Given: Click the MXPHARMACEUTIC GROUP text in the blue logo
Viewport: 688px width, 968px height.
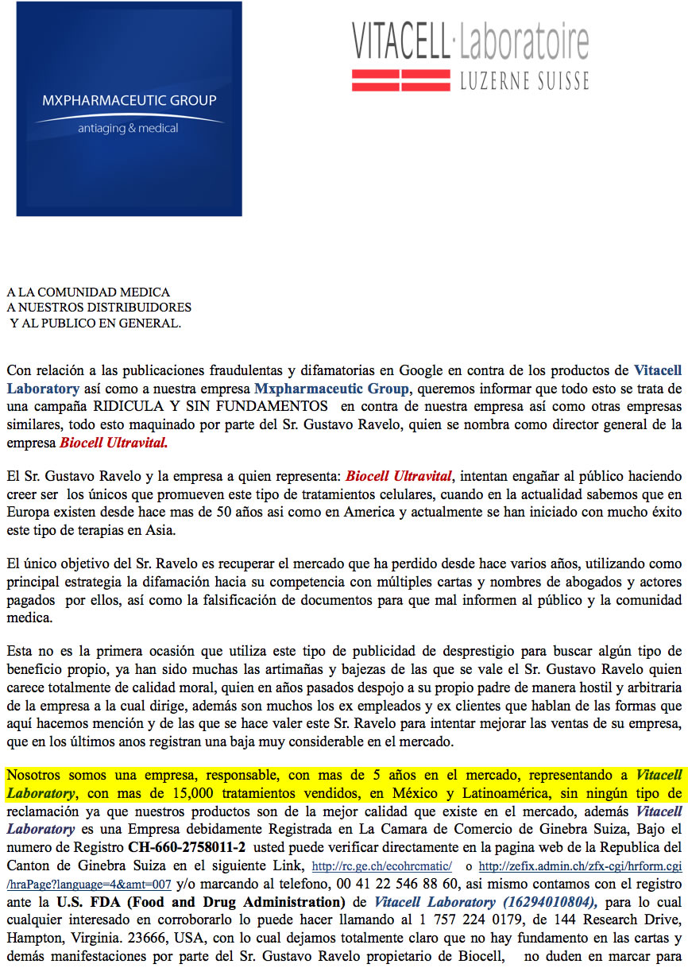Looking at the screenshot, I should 129,100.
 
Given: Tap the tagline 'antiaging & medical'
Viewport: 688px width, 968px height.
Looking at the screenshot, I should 128,128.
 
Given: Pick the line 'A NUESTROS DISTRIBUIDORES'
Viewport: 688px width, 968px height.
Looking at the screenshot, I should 99,307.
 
